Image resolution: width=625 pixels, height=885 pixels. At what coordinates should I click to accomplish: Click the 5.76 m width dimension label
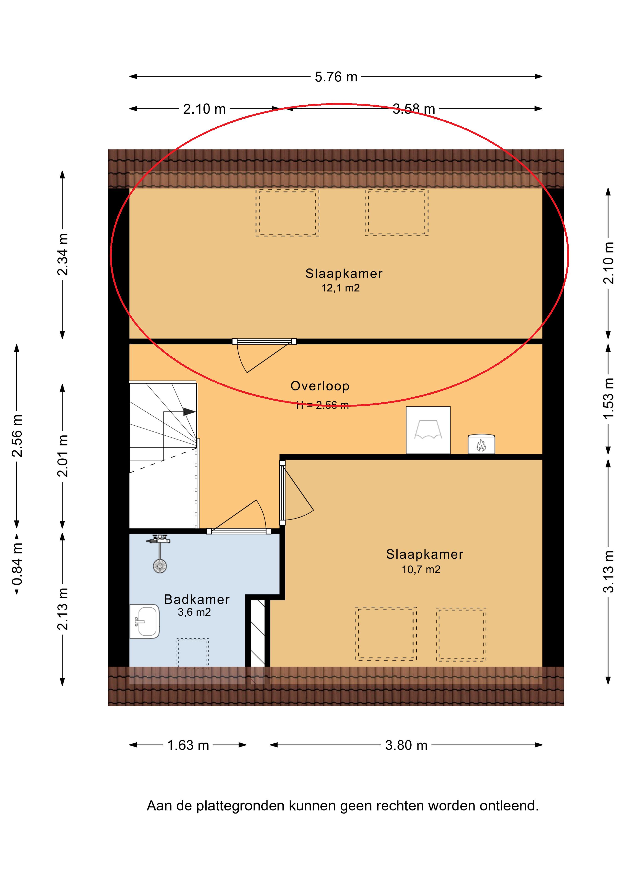(x=336, y=77)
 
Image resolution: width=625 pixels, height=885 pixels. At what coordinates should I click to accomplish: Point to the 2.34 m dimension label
(x=62, y=254)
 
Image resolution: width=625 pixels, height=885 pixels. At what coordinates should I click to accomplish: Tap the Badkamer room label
(x=197, y=599)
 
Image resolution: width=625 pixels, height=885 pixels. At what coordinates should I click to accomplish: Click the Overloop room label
(x=320, y=386)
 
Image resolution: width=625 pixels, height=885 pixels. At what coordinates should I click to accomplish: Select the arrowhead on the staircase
(x=189, y=411)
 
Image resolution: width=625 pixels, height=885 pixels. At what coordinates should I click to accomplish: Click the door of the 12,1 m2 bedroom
(x=264, y=355)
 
